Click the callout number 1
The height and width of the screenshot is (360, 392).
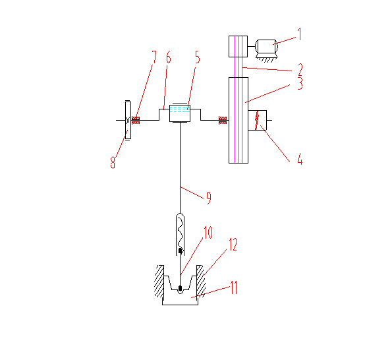[300, 34]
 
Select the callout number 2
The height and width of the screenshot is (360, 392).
[300, 70]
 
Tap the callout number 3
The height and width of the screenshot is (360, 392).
[300, 83]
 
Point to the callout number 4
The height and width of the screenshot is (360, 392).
[300, 159]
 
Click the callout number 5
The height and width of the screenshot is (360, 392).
[198, 57]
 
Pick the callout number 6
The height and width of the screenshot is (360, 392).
[169, 57]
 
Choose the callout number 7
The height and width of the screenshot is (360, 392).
[154, 57]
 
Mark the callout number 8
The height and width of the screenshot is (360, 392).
[113, 162]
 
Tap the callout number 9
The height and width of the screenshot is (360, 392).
[209, 198]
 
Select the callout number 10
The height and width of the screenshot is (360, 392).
[208, 232]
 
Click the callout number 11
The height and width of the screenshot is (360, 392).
[233, 287]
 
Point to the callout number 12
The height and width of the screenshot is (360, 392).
[233, 245]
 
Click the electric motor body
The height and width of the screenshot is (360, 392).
[266, 46]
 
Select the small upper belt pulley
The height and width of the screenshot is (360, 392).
[238, 47]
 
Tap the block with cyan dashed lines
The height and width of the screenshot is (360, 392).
[180, 113]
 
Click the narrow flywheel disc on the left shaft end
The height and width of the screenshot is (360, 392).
[128, 121]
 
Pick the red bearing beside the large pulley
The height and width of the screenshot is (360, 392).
[223, 120]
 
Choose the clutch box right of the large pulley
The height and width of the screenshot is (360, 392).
[257, 121]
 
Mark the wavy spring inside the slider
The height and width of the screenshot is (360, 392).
[181, 233]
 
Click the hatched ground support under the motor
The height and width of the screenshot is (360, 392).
[267, 58]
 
